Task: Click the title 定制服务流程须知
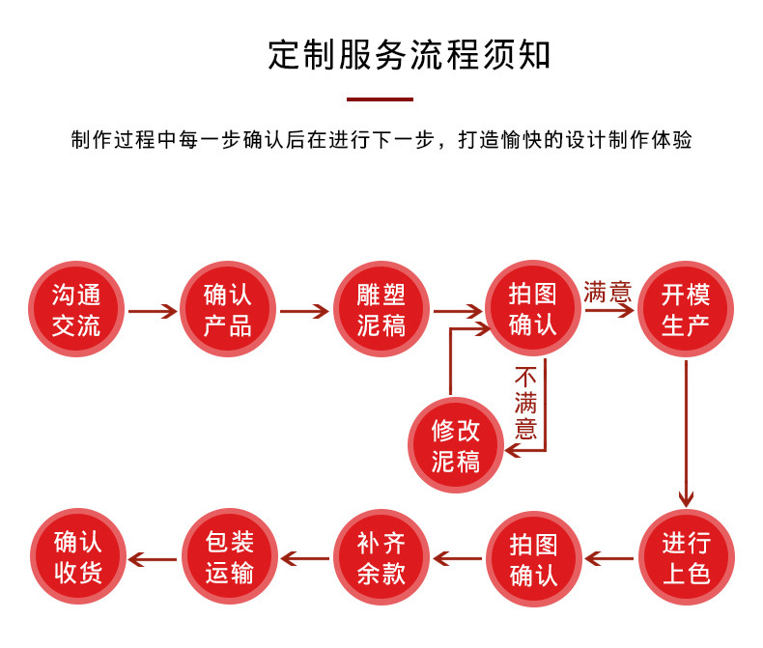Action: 410,56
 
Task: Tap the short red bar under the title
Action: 380,99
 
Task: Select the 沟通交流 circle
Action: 76,309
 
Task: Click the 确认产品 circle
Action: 228,309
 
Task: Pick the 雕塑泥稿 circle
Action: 381,309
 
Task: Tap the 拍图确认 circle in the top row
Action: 533,309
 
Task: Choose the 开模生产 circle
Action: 686,309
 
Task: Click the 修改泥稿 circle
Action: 456,444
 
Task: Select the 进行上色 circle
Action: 686,557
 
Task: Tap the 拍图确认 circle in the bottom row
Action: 533,558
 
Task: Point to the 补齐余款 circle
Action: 381,557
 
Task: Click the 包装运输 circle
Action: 229,557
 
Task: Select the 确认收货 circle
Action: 77,557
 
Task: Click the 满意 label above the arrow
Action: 607,292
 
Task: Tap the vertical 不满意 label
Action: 525,402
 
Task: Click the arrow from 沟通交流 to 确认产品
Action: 153,311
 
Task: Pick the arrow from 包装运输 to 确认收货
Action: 153,558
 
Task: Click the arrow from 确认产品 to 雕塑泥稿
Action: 304,311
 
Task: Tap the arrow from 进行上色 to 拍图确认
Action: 609,558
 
